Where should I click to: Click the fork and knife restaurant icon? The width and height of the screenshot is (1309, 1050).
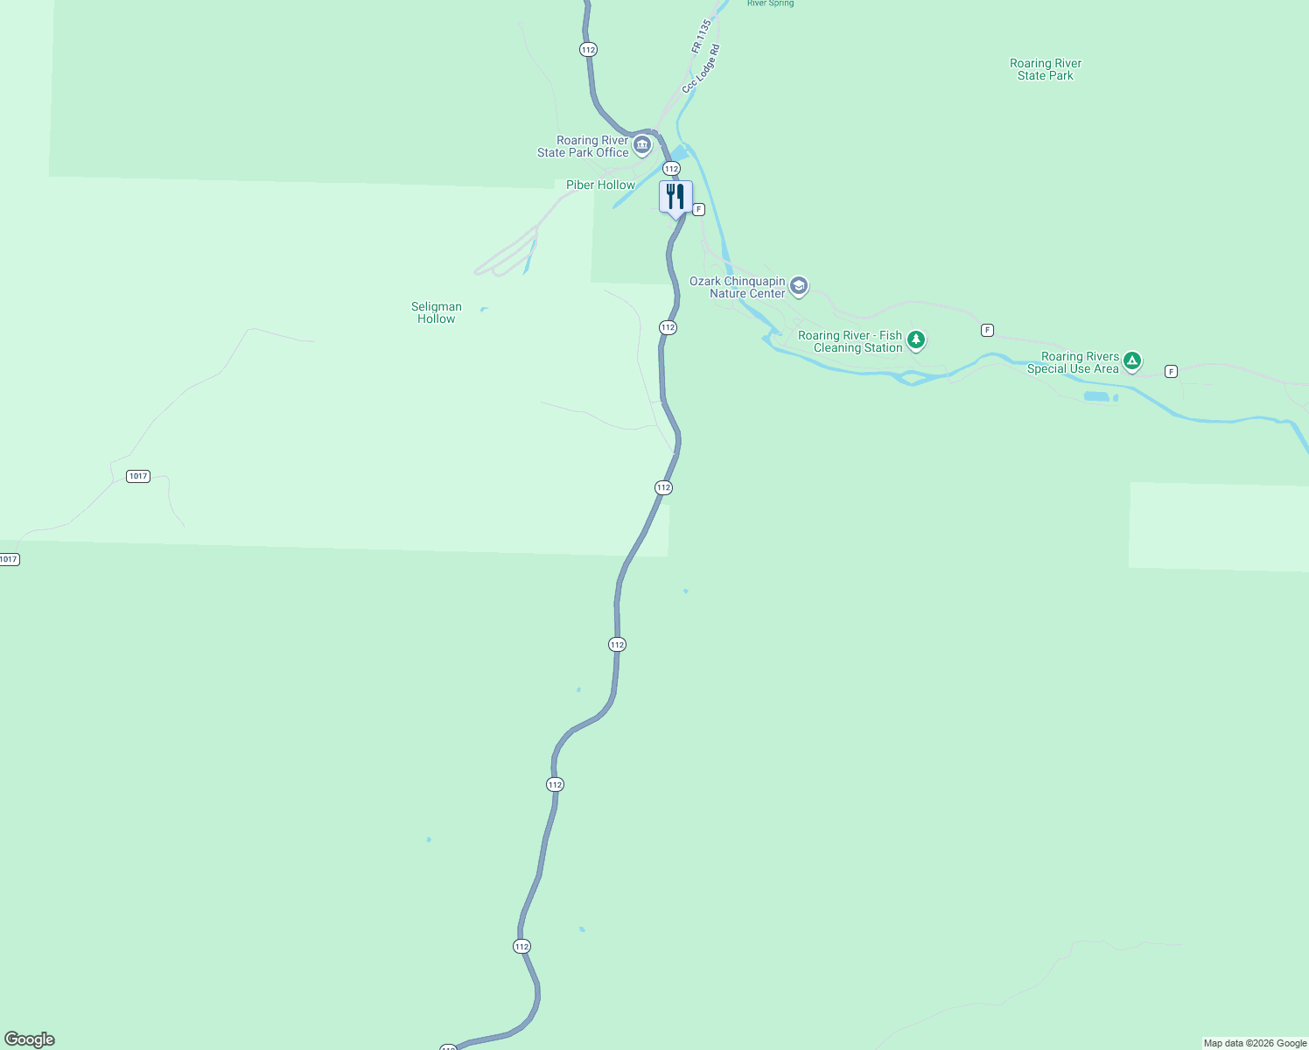[x=675, y=197]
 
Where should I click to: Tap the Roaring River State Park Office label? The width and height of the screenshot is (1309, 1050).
[x=583, y=146]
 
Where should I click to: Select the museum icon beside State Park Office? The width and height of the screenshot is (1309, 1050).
[x=642, y=145]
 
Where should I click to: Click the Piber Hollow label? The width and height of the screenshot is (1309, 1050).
[x=600, y=185]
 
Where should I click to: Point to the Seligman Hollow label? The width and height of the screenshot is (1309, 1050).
[x=437, y=312]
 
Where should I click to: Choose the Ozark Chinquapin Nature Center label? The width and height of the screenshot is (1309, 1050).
[x=738, y=287]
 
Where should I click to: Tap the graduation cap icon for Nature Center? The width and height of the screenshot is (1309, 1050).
[x=798, y=286]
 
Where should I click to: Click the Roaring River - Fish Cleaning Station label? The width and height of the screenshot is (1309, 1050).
[x=850, y=341]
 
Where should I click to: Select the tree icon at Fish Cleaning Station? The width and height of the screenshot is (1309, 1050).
[x=916, y=339]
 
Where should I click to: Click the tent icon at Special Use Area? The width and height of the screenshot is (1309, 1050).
[x=1132, y=360]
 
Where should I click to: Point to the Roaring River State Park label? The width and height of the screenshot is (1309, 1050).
[x=1046, y=69]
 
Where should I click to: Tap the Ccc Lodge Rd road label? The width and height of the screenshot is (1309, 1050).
[x=702, y=69]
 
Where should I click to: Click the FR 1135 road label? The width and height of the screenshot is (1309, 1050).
[x=702, y=37]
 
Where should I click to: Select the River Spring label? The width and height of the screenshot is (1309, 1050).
[x=770, y=3]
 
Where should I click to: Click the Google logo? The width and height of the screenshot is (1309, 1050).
[x=30, y=1039]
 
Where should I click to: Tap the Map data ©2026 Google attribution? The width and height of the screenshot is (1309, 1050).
[x=1255, y=1043]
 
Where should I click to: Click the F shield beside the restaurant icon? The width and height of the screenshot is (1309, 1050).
[x=699, y=210]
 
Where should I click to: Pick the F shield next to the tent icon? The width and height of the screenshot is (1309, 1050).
[x=1171, y=372]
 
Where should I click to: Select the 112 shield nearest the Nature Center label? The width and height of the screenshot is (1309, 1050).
[x=668, y=327]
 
